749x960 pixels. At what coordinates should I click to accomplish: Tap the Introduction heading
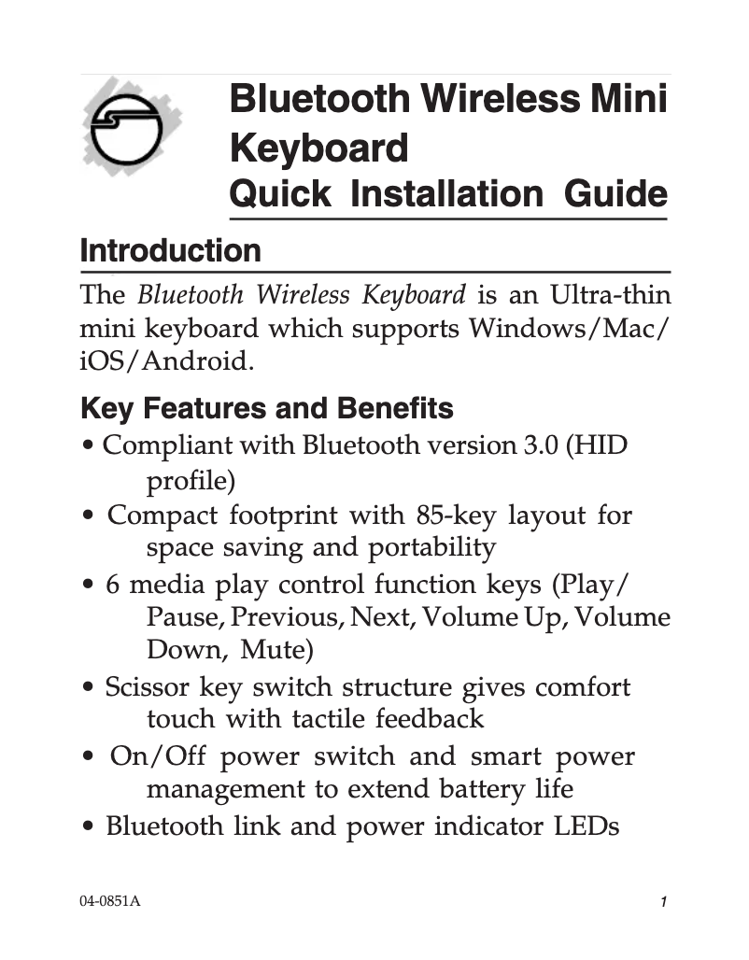coord(171,251)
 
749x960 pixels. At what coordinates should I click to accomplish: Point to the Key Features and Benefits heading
coord(267,409)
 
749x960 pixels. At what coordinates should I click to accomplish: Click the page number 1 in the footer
coord(661,903)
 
